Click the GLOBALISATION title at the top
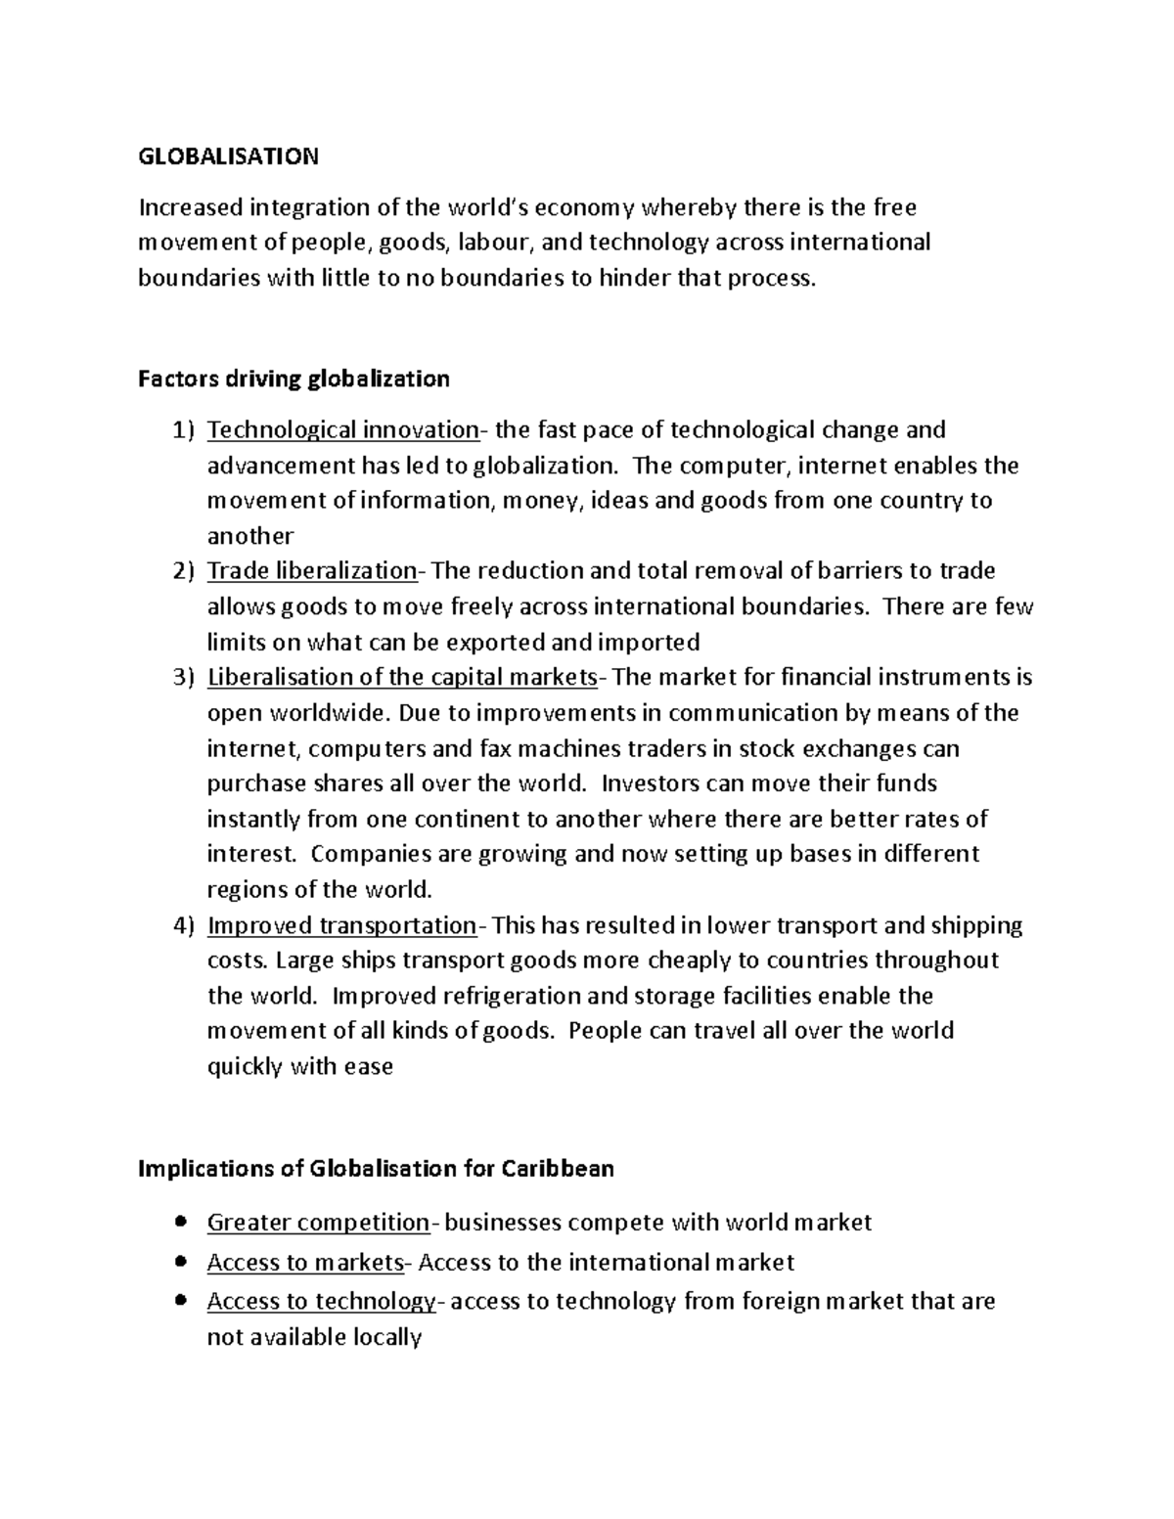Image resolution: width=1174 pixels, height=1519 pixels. pos(228,156)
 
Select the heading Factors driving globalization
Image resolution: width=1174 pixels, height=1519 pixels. pos(293,379)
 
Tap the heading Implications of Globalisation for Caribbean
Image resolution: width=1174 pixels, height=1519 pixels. pos(376,1169)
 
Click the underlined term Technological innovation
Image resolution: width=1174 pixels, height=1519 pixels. pos(342,430)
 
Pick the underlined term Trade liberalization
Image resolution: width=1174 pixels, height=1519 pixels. pos(312,571)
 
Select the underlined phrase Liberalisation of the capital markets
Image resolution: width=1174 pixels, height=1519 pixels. pos(401,677)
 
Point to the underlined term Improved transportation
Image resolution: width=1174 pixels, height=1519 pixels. pos(341,925)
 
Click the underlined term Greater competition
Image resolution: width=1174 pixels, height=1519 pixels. pos(318,1223)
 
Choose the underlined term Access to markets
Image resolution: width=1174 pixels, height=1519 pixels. pos(305,1263)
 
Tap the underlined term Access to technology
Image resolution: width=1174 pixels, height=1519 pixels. pos(321,1302)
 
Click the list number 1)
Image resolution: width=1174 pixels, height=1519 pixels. pos(184,430)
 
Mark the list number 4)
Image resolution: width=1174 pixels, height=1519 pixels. pos(184,925)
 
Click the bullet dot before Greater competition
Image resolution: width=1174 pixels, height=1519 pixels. pos(178,1222)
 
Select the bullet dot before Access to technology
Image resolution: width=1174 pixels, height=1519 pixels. pos(178,1301)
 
